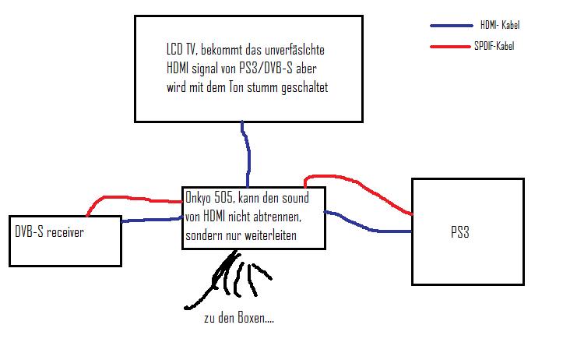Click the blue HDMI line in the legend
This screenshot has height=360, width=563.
[x=451, y=26]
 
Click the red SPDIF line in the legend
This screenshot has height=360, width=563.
[x=451, y=48]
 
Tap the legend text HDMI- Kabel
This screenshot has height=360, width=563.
[x=499, y=26]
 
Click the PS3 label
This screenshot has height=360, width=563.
[x=459, y=231]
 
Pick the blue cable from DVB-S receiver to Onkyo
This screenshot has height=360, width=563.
[x=151, y=221]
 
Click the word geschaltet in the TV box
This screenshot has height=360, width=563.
[x=300, y=88]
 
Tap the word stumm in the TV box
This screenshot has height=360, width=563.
[x=245, y=88]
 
